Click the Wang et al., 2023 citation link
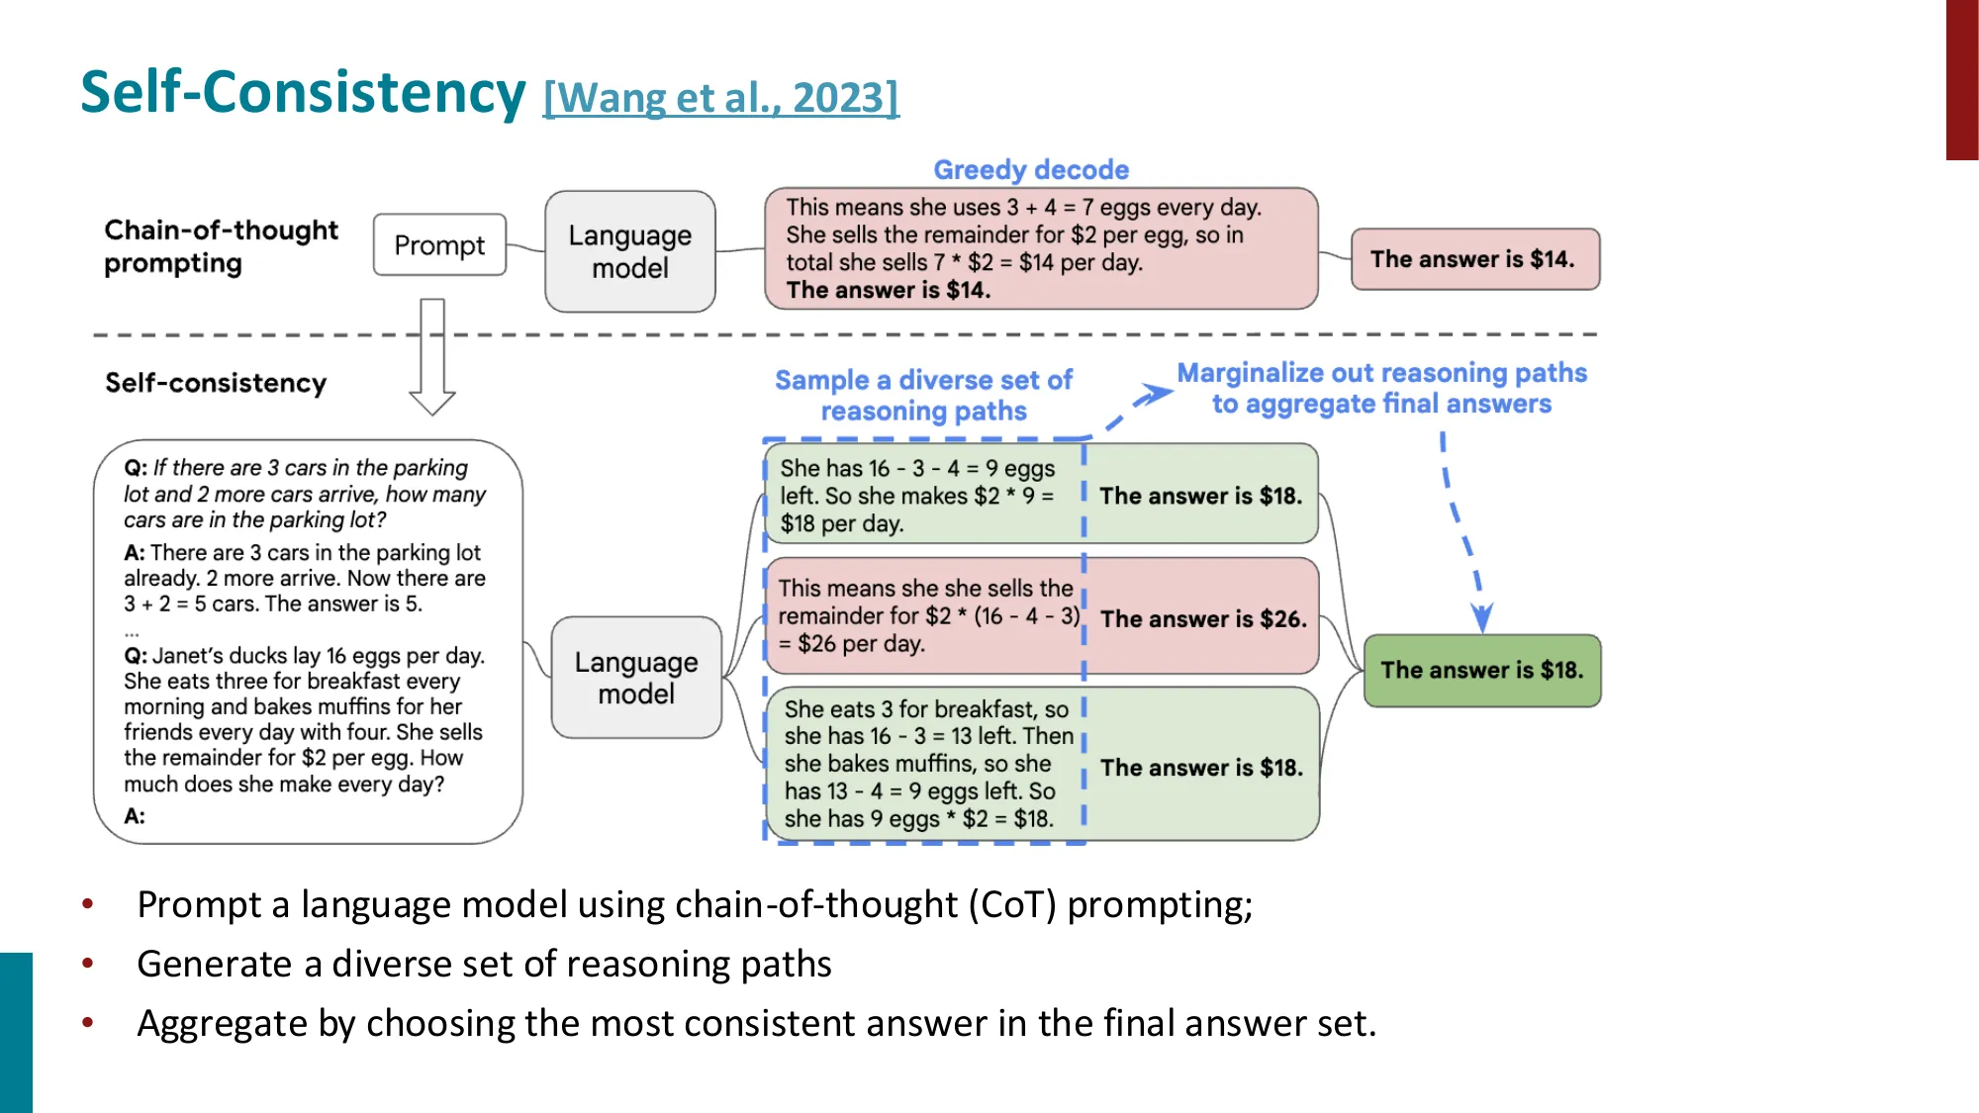point(720,98)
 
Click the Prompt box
point(439,244)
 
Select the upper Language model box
point(630,251)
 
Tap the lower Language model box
point(636,678)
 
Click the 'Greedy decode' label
point(1031,169)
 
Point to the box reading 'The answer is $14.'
point(1474,259)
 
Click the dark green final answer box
point(1481,670)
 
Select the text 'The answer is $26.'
point(1203,619)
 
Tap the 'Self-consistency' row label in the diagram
point(216,383)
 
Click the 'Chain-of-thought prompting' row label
point(221,246)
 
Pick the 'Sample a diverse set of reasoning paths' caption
point(923,395)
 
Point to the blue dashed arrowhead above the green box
point(1481,617)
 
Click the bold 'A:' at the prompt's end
point(135,816)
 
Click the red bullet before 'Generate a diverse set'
point(88,964)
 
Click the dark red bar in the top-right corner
point(1961,79)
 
